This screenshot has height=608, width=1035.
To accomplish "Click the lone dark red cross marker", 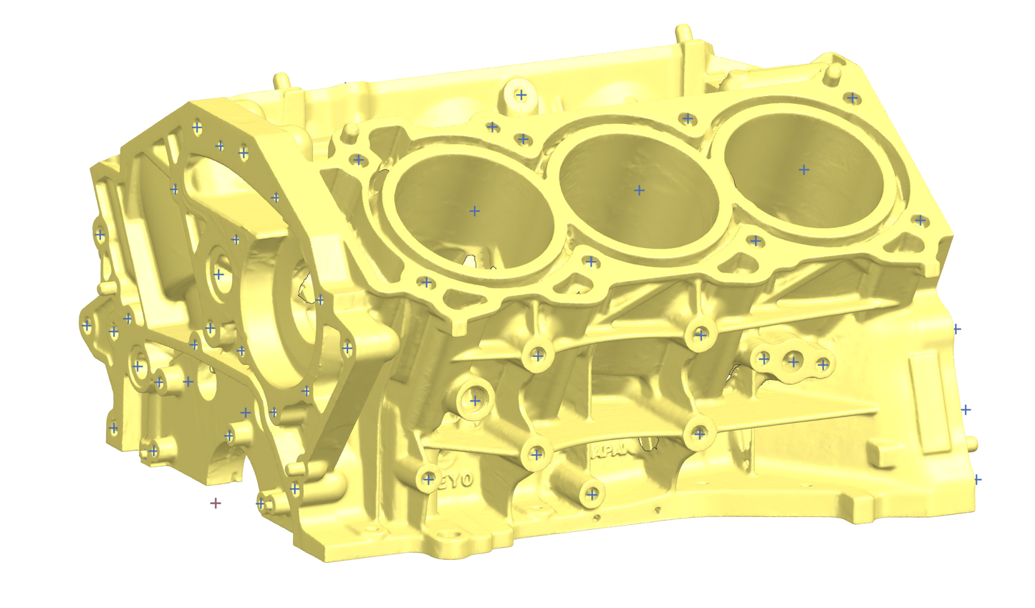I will point(215,503).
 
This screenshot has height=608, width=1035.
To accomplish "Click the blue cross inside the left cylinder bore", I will point(474,211).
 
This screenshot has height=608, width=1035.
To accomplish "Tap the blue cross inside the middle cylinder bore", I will point(639,190).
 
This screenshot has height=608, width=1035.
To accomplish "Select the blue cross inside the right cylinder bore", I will point(804,170).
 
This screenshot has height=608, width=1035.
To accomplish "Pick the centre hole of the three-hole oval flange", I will point(794,361).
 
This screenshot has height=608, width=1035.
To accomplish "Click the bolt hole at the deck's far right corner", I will point(852,97).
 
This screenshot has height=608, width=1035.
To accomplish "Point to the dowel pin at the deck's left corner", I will point(350,133).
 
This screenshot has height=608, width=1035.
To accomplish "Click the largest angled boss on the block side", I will point(474,400).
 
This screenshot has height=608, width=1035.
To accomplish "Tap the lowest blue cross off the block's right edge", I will point(977,479).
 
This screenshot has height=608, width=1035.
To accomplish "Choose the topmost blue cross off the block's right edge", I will point(955,328).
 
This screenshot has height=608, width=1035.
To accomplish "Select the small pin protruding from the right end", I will point(971,442).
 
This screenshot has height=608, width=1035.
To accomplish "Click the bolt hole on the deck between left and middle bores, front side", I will point(590,262).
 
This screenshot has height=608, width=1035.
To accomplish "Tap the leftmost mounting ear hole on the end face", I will point(87,326).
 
